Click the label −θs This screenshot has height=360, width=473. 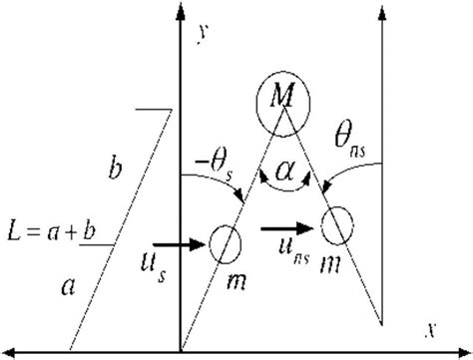click(216, 161)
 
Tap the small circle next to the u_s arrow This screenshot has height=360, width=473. click(226, 241)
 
